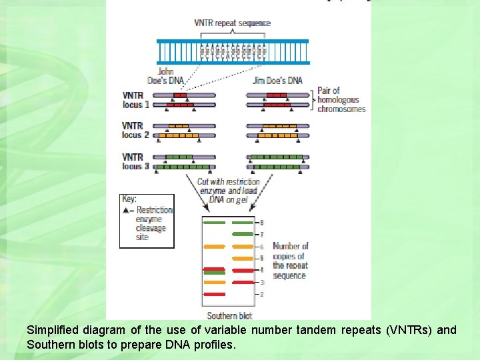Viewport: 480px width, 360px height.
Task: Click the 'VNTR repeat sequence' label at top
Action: click(x=232, y=23)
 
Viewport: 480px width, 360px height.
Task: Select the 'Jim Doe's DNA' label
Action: click(x=277, y=81)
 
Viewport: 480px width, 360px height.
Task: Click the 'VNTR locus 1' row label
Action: click(x=136, y=100)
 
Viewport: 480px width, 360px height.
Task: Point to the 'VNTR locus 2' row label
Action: click(x=135, y=130)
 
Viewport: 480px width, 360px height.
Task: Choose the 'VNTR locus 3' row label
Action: click(x=135, y=161)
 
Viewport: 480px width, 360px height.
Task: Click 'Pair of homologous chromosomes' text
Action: click(x=341, y=99)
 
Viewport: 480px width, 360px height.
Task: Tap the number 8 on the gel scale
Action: click(x=262, y=222)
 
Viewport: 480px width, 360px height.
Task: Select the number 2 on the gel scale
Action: click(x=262, y=294)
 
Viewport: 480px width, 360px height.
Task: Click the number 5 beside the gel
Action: click(x=262, y=258)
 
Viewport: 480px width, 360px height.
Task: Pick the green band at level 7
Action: click(x=243, y=235)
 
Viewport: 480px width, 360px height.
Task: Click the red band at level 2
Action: click(x=215, y=294)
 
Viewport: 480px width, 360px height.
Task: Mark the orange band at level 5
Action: click(x=243, y=258)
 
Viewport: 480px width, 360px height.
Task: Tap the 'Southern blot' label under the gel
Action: click(x=229, y=315)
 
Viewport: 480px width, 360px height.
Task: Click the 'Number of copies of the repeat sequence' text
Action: click(x=291, y=261)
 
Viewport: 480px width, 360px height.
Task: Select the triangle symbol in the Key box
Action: click(x=126, y=210)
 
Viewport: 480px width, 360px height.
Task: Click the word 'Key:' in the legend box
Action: click(x=129, y=199)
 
